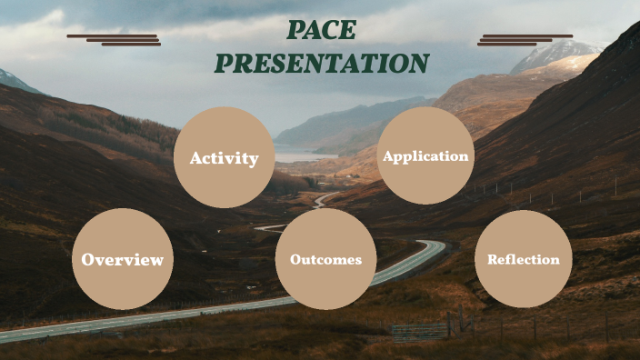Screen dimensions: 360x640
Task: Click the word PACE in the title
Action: [321, 31]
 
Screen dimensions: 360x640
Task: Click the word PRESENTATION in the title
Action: [321, 63]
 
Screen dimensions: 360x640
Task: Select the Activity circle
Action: [224, 157]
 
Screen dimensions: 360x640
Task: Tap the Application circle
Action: [425, 155]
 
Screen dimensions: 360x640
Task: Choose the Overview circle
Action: [123, 259]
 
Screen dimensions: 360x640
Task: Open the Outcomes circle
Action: [325, 259]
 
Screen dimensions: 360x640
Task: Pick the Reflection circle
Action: [524, 259]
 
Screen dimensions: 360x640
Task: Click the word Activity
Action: [224, 158]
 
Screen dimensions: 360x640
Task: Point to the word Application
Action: [425, 156]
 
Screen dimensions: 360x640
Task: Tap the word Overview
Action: [123, 260]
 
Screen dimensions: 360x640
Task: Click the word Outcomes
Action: [325, 260]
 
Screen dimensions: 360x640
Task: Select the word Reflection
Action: [524, 260]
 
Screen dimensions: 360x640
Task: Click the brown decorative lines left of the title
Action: [115, 39]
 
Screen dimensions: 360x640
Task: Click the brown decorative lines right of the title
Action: [525, 39]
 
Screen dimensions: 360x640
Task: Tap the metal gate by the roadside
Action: [420, 330]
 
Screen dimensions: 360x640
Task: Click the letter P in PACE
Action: [295, 31]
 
